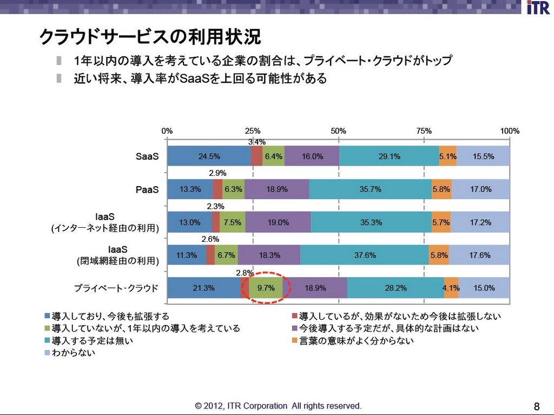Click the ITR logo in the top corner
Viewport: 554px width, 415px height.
[538, 8]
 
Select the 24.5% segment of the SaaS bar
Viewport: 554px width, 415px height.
[209, 156]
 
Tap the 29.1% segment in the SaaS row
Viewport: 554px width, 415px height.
[389, 156]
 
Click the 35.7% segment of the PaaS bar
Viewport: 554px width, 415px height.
[370, 189]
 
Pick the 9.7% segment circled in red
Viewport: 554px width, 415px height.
[266, 288]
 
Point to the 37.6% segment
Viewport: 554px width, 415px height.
[365, 255]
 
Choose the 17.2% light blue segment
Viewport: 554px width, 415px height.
[480, 222]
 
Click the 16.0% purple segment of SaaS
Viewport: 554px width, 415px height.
[312, 156]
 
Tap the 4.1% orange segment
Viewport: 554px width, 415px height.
[451, 288]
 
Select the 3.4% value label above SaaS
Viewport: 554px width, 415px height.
[256, 142]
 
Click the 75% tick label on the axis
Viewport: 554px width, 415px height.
[424, 131]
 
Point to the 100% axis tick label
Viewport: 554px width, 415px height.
[510, 131]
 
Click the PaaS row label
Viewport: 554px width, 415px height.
[147, 190]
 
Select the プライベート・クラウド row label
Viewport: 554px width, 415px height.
[116, 288]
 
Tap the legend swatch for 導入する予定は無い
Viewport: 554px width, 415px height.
[47, 341]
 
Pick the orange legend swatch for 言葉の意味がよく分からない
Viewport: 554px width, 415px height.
[294, 341]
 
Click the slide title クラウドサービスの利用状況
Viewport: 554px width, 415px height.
[150, 37]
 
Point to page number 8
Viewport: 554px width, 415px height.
[536, 406]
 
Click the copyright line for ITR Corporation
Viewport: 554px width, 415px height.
[278, 406]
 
